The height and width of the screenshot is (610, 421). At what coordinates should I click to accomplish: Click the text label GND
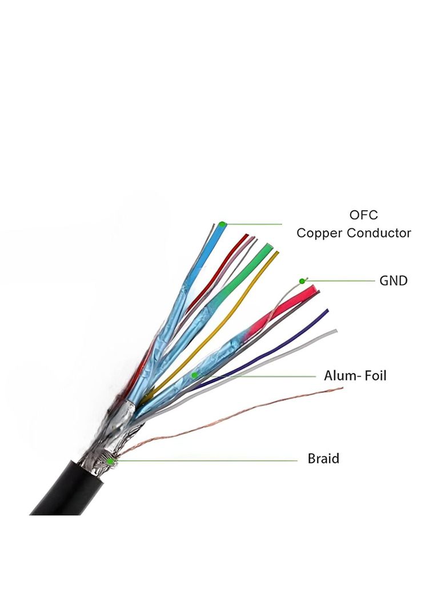click(x=394, y=280)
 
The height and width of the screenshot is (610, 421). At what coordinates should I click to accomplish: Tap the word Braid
click(x=323, y=458)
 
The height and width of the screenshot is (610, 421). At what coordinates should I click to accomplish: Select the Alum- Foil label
click(x=355, y=376)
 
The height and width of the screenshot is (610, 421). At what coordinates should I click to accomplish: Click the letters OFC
click(x=363, y=215)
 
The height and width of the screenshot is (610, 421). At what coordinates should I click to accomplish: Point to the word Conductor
click(x=379, y=233)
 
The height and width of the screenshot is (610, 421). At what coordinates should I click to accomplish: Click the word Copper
click(x=320, y=234)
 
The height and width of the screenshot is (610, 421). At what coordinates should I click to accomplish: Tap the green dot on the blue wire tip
click(x=222, y=224)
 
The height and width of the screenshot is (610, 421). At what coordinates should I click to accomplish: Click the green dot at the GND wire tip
click(x=302, y=281)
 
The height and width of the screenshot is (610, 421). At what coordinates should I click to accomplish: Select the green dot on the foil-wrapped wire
click(x=194, y=375)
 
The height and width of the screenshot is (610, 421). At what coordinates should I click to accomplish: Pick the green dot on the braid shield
click(x=110, y=461)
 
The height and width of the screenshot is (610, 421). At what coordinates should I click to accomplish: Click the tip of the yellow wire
click(x=277, y=253)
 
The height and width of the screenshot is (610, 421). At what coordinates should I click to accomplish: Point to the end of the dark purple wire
click(x=327, y=311)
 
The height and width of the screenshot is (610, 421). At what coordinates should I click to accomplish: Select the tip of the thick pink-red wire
click(x=314, y=288)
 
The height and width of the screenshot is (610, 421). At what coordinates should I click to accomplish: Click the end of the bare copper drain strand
click(x=342, y=388)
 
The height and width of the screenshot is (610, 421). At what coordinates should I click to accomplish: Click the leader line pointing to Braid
click(x=206, y=461)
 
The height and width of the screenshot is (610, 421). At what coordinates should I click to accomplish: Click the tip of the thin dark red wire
click(x=246, y=235)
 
